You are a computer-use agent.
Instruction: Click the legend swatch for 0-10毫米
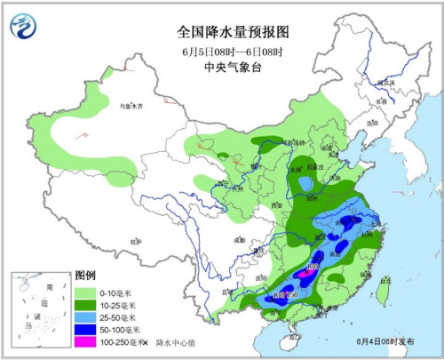[x=86, y=291]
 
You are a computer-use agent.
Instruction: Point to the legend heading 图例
[x=85, y=276]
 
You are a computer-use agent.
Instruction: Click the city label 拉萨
[x=136, y=241]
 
